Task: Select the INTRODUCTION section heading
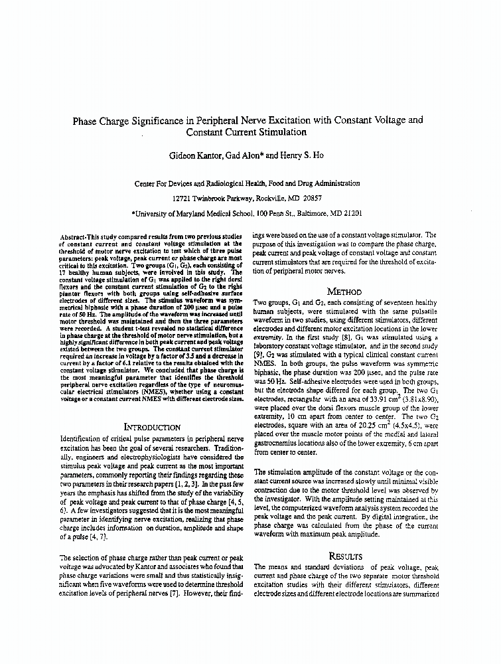click(x=153, y=427)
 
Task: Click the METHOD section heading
click(x=345, y=291)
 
